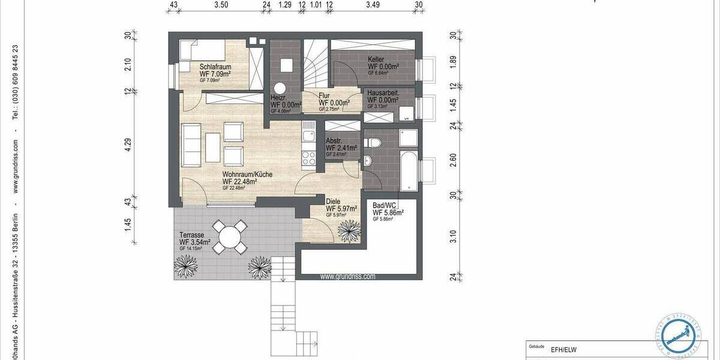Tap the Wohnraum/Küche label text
pyautogui.click(x=247, y=174)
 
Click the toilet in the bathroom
pyautogui.click(x=374, y=143)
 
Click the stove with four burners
pyautogui.click(x=310, y=159)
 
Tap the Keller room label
pyautogui.click(x=376, y=59)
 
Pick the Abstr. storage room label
pyautogui.click(x=334, y=142)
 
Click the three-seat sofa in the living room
pyautogui.click(x=191, y=145)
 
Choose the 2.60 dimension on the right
pyautogui.click(x=453, y=159)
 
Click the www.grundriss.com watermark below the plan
pyautogui.click(x=348, y=277)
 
